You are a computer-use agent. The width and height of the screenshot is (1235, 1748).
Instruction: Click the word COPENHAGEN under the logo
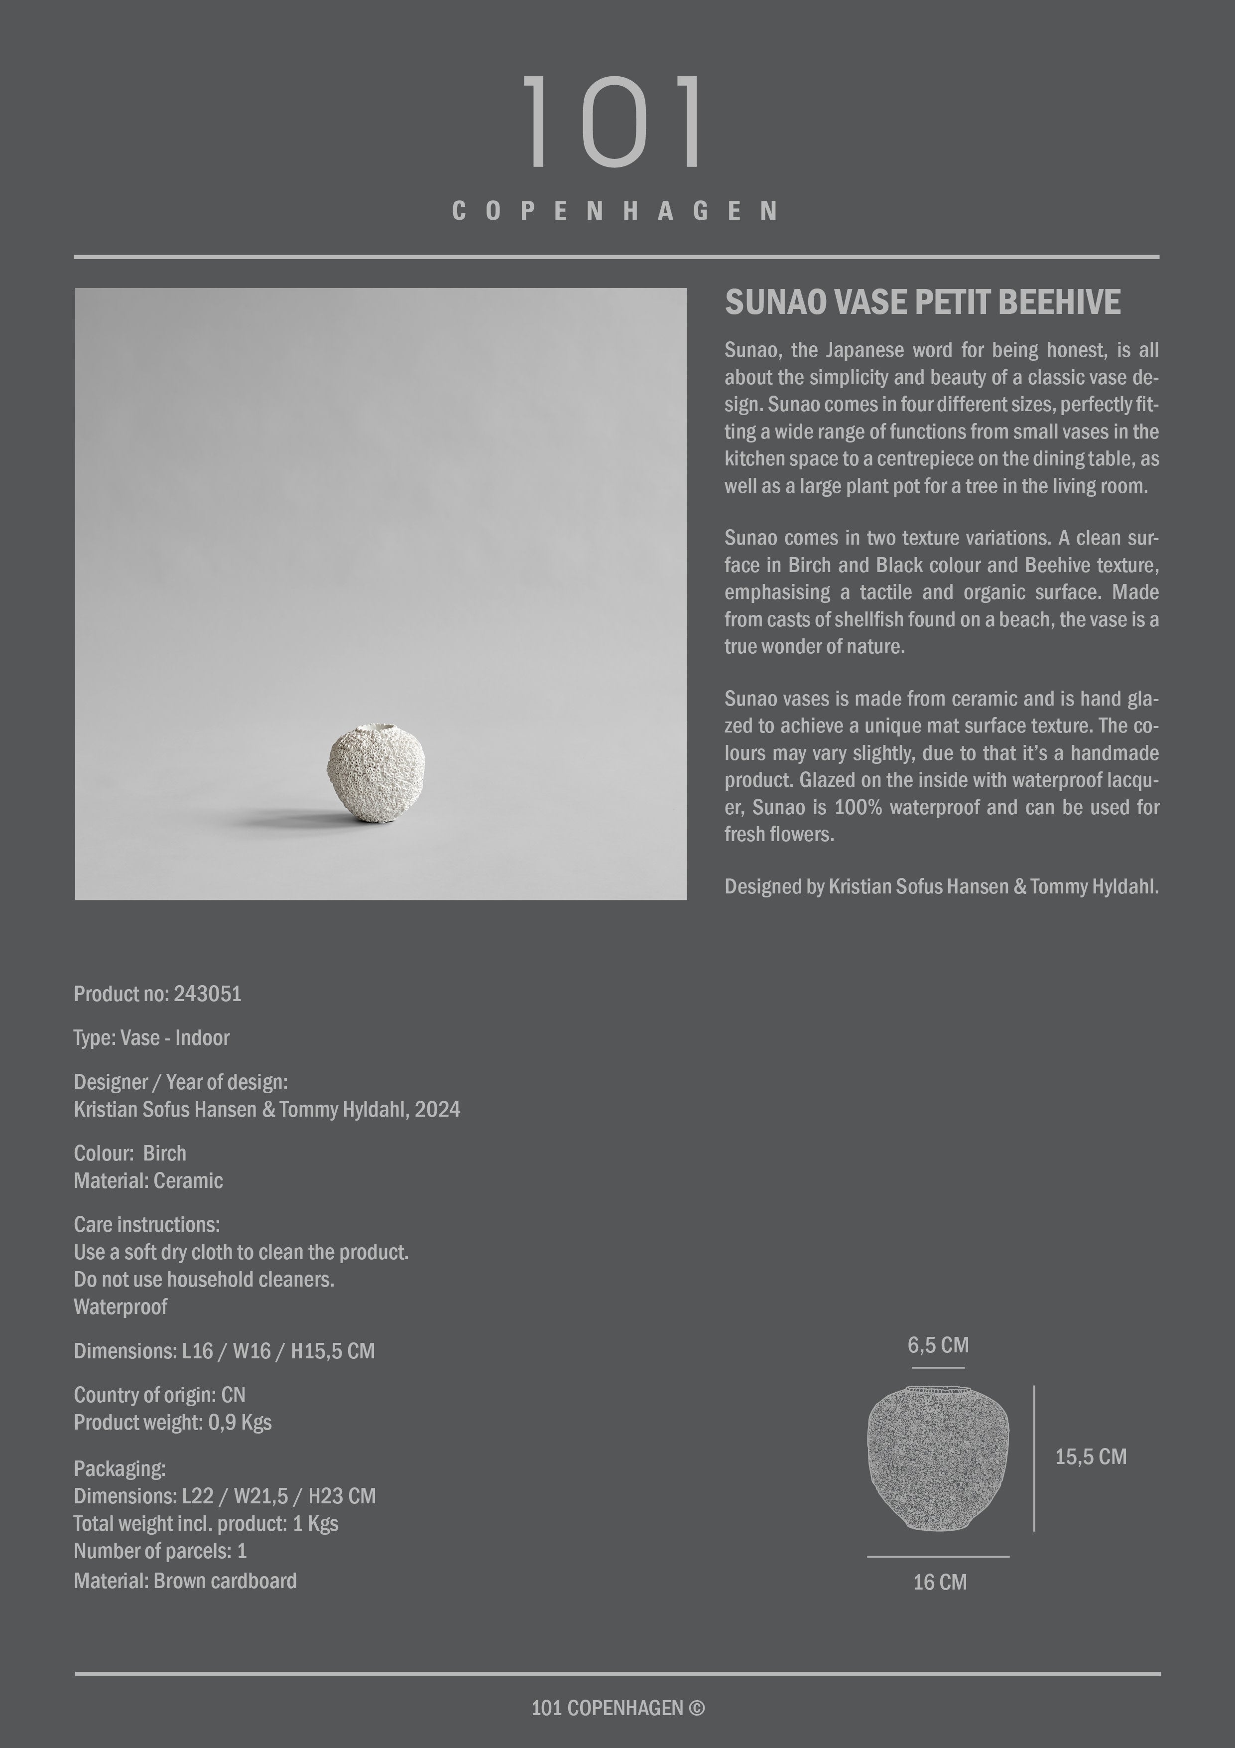[x=615, y=211]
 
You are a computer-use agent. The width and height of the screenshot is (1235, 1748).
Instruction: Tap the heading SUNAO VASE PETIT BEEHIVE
[x=922, y=302]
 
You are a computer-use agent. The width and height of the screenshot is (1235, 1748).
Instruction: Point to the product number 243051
[x=207, y=994]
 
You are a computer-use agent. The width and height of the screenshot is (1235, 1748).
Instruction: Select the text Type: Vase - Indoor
[x=151, y=1037]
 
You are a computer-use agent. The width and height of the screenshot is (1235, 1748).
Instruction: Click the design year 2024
[x=438, y=1109]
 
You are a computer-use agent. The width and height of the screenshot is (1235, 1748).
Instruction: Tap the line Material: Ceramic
[x=148, y=1181]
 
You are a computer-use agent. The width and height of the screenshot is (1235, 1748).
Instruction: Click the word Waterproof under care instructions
[x=120, y=1307]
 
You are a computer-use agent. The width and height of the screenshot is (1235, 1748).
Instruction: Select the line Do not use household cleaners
[x=204, y=1280]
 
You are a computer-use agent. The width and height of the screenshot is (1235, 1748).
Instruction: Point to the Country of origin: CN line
[x=159, y=1395]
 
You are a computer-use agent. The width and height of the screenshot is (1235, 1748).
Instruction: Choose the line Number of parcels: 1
[x=160, y=1551]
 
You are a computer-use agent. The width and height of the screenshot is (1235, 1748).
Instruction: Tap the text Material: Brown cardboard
[x=185, y=1581]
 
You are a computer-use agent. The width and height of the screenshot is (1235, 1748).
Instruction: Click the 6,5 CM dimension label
[x=938, y=1345]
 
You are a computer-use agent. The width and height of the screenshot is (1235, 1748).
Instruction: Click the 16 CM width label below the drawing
[x=940, y=1582]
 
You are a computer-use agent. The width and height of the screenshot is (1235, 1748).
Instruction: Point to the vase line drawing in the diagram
[x=938, y=1458]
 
